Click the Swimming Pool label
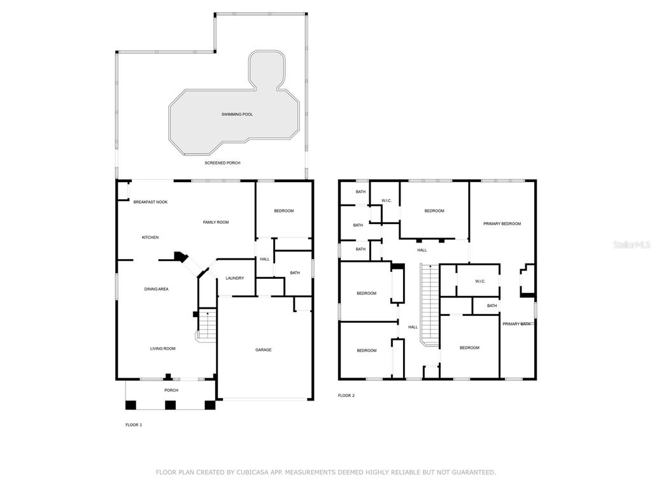click(x=237, y=115)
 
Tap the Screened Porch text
click(x=222, y=163)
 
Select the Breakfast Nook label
click(x=150, y=202)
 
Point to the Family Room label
click(x=216, y=222)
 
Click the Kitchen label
click(x=150, y=237)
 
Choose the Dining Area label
click(x=157, y=289)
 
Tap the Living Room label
click(x=163, y=348)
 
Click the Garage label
click(x=263, y=350)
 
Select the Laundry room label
click(x=235, y=278)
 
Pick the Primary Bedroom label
click(x=502, y=223)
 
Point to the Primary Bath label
click(x=516, y=324)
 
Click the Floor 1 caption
click(x=134, y=425)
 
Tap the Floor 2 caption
click(x=346, y=395)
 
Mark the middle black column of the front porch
click(x=171, y=405)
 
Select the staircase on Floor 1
click(x=206, y=324)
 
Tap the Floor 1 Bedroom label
click(x=284, y=211)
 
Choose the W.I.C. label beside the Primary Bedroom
click(x=480, y=281)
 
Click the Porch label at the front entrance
click(x=171, y=390)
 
